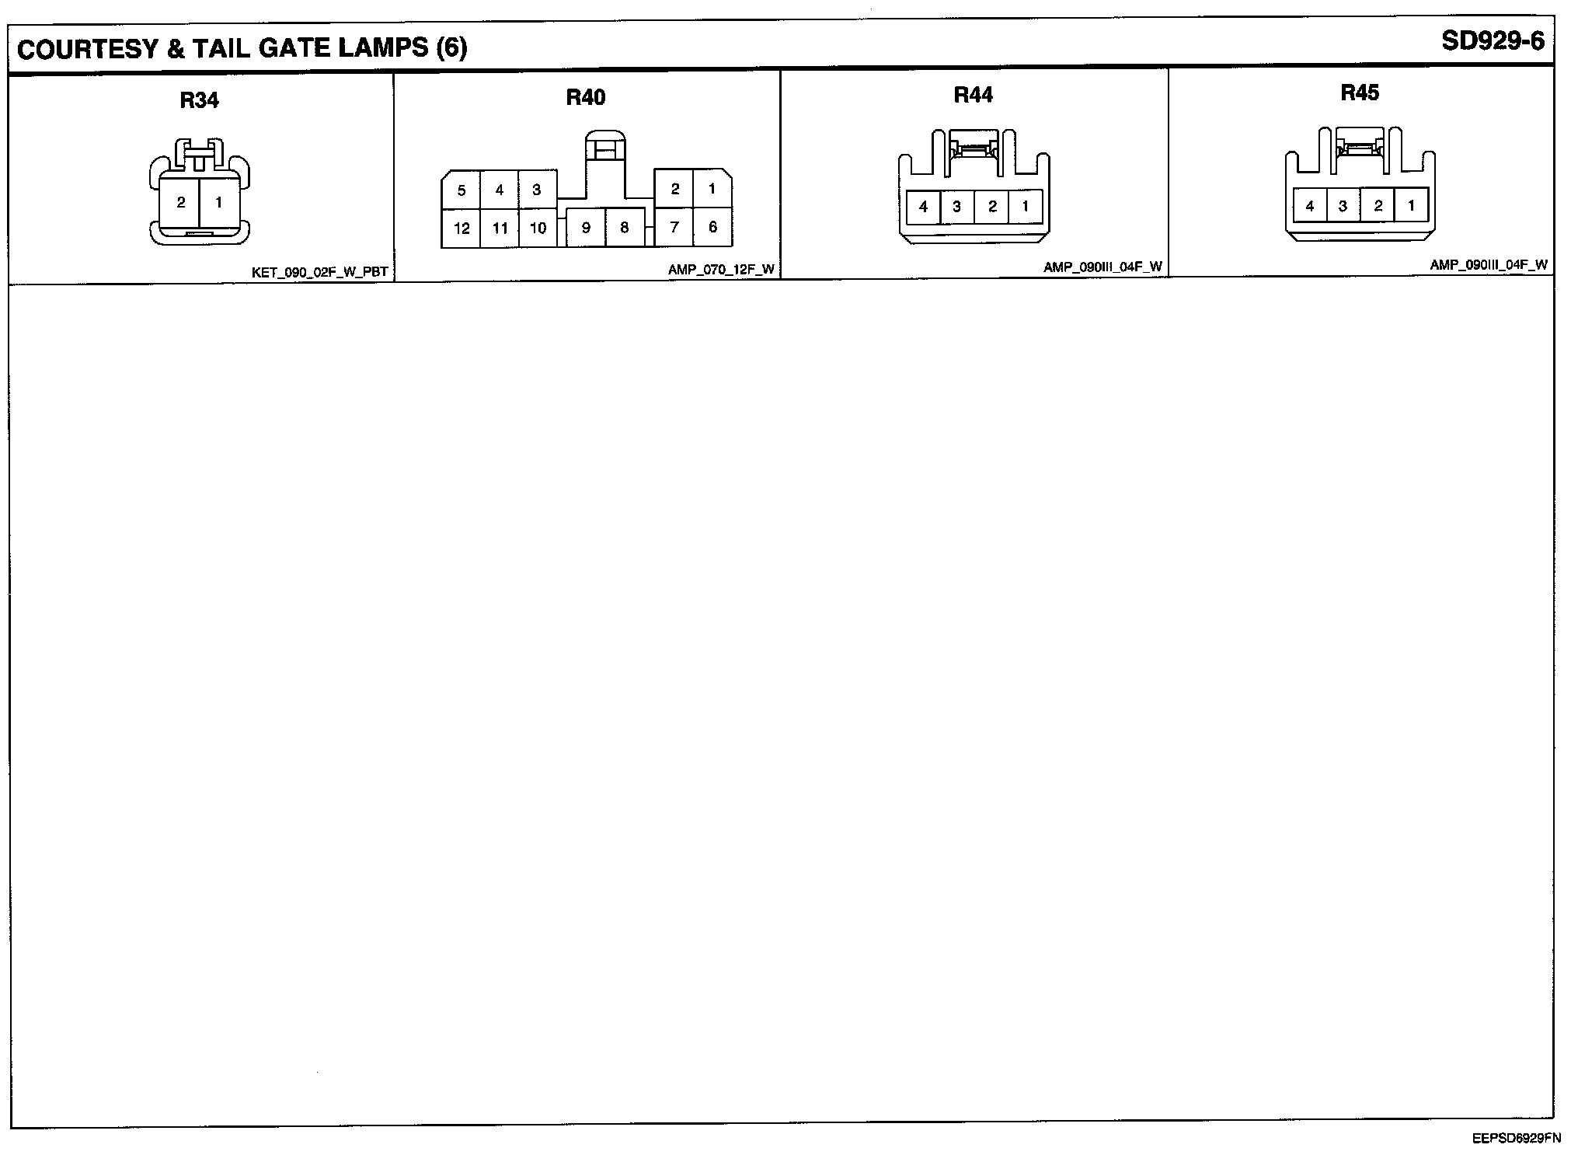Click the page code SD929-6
click(1493, 41)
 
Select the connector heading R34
click(199, 100)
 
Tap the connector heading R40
click(585, 97)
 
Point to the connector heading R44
click(973, 95)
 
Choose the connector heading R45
click(1360, 92)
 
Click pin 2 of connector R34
click(181, 202)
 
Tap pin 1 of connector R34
click(219, 202)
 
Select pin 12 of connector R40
click(462, 229)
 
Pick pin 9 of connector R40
click(586, 228)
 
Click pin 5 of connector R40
click(462, 190)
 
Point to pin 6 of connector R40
click(712, 227)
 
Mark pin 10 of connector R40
click(538, 229)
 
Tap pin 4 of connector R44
click(923, 207)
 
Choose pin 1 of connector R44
click(1025, 207)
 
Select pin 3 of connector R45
click(1343, 207)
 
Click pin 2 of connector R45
click(1378, 207)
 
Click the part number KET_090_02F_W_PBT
click(319, 272)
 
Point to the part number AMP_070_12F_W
click(721, 270)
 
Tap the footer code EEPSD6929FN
click(1516, 1139)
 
